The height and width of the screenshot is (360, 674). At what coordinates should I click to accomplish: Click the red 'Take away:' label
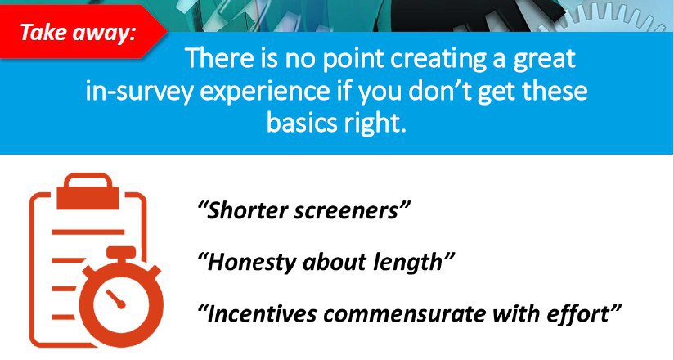pos(78,33)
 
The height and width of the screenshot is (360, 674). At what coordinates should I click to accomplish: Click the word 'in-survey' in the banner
pos(139,92)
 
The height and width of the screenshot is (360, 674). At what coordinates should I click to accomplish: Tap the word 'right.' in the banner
pos(375,123)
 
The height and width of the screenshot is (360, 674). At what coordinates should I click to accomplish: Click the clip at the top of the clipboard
pos(88,191)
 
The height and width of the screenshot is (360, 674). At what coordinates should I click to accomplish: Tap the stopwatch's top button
pos(121,254)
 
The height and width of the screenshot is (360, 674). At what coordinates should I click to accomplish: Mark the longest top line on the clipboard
pos(88,232)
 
